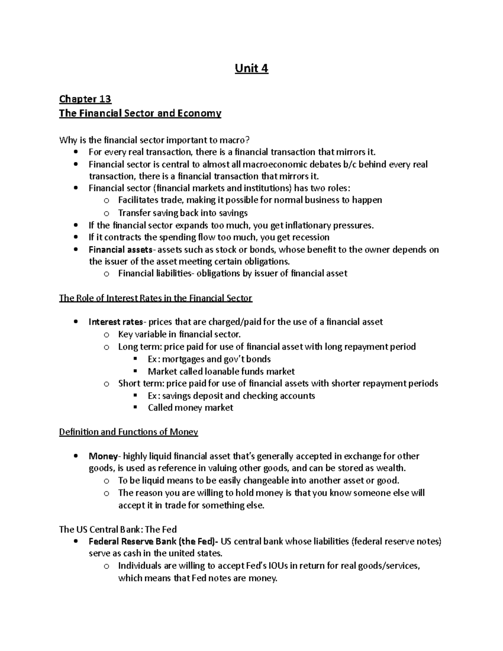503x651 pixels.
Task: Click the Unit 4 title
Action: pos(251,68)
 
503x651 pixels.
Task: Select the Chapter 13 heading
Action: pos(85,99)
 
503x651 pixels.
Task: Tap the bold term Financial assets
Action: pos(120,250)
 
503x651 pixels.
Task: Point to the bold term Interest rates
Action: pos(116,322)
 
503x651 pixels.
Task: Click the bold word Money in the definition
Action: pos(103,456)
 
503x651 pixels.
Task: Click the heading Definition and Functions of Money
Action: pos(128,432)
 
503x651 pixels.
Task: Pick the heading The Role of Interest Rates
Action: pos(156,298)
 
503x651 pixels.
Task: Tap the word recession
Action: pos(309,237)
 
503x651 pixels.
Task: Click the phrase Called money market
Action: pos(190,408)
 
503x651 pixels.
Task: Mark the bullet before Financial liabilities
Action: pos(106,274)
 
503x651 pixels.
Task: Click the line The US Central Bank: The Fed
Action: pos(118,529)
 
